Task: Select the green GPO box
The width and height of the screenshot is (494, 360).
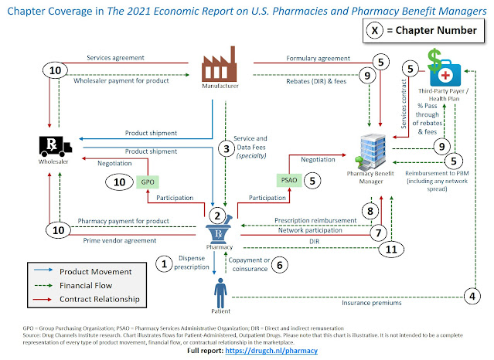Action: point(145,182)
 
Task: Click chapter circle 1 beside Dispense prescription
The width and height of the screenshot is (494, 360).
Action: point(162,264)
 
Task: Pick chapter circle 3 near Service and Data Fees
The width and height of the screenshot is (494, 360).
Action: point(226,148)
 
